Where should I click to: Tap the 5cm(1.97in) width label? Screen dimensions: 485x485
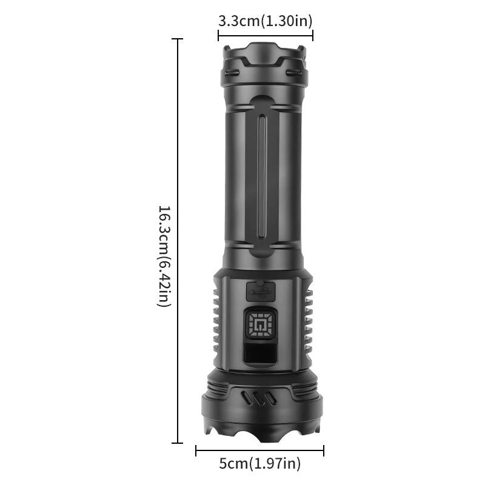(x=259, y=464)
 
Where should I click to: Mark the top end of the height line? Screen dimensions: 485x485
(x=178, y=39)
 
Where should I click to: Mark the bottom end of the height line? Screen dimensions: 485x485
(x=178, y=443)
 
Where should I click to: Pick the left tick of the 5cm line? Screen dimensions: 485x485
(x=196, y=450)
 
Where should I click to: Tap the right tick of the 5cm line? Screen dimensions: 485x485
(x=324, y=450)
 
